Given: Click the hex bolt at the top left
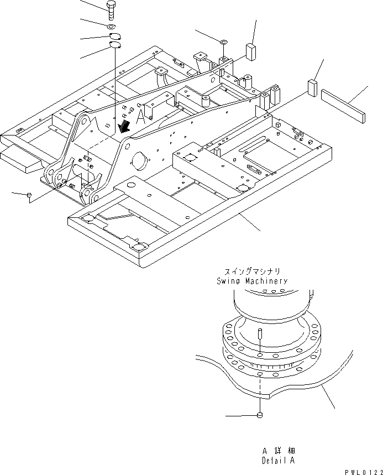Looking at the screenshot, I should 110,9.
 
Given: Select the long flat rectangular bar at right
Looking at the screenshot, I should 343,108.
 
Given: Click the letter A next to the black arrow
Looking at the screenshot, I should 141,117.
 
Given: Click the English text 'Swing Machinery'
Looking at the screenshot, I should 252,281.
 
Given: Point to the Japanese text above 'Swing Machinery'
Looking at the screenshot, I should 252,272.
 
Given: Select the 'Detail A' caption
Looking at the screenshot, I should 279,460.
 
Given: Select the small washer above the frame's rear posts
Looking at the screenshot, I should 223,41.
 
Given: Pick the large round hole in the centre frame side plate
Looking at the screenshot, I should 139,164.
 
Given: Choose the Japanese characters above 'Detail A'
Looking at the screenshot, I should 279,451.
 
